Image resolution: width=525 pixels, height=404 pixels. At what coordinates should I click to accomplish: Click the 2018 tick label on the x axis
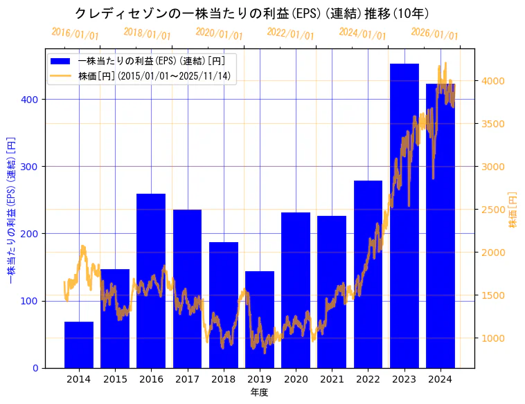(224, 379)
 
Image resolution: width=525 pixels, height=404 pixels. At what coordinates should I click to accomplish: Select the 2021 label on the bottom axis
(332, 379)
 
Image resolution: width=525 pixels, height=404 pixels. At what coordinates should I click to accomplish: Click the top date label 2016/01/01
(75, 33)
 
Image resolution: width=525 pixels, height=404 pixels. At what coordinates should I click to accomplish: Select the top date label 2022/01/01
(290, 33)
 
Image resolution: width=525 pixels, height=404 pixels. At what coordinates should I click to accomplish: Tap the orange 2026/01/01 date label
(434, 33)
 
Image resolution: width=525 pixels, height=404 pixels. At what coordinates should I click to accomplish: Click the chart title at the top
(252, 13)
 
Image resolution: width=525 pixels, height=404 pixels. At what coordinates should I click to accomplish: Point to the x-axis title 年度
(259, 392)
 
